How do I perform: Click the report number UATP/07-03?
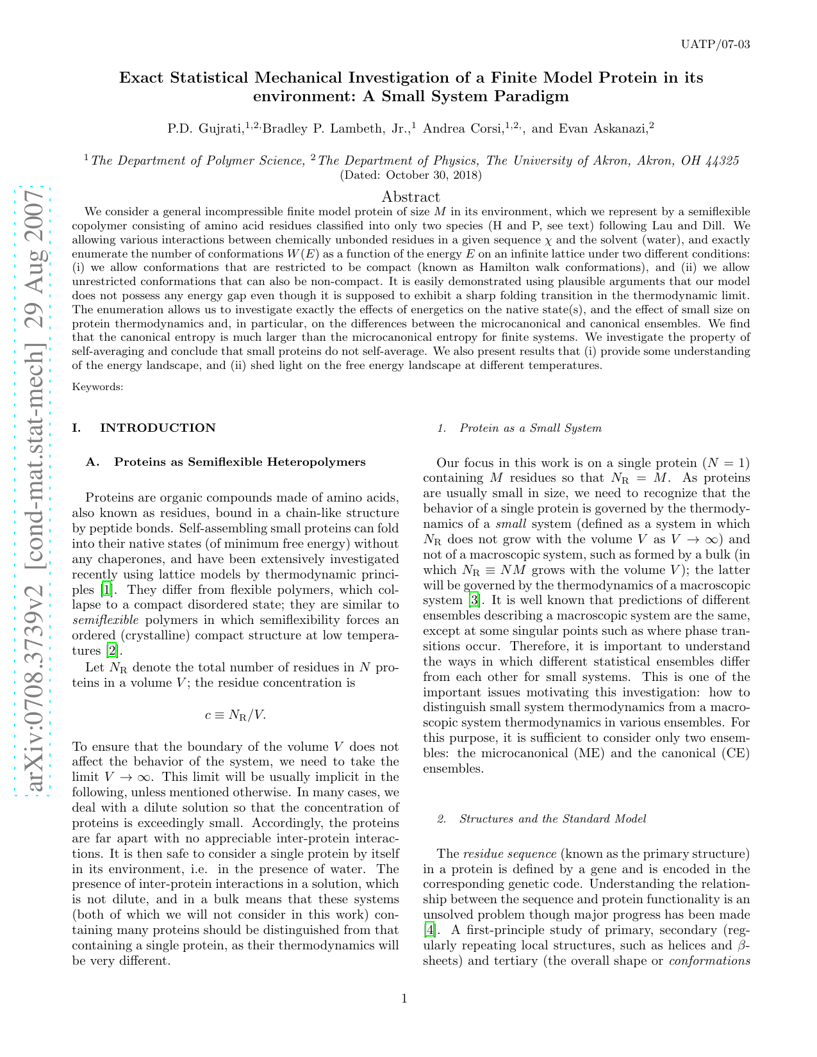[x=716, y=44]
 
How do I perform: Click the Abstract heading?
[x=410, y=197]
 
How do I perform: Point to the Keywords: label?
[x=97, y=387]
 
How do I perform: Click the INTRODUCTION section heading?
[x=157, y=428]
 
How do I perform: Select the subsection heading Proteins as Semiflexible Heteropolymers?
[x=239, y=462]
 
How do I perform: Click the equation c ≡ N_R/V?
[x=235, y=715]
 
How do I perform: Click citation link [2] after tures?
[x=111, y=651]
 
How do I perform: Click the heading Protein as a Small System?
[x=530, y=429]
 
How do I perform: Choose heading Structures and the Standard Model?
[x=552, y=819]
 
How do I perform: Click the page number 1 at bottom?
[x=404, y=998]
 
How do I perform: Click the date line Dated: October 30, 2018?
[x=411, y=175]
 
